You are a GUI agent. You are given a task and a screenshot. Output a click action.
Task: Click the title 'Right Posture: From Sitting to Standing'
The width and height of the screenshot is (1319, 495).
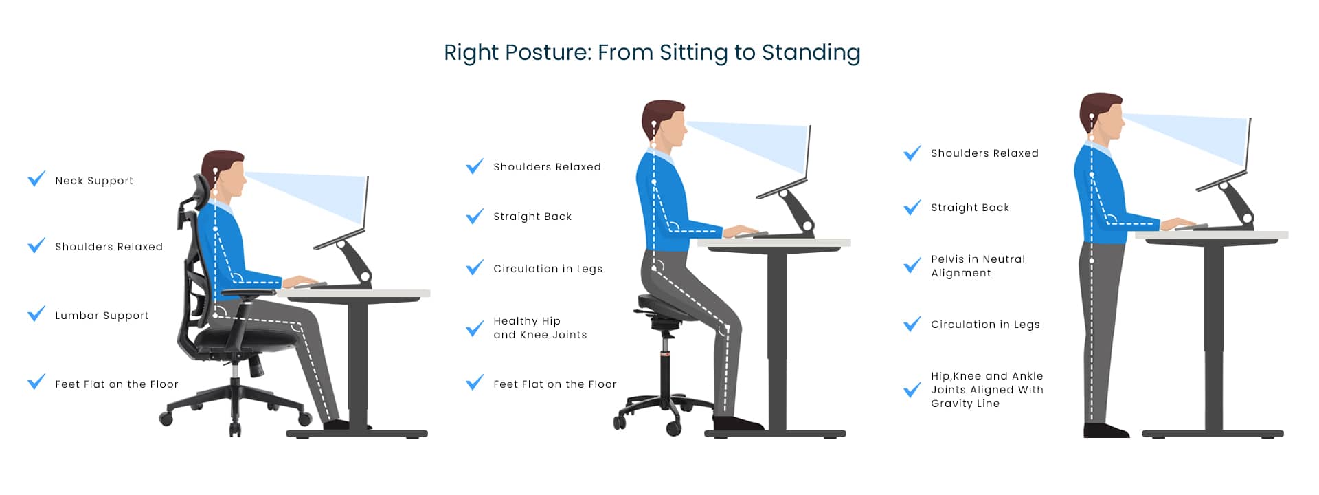click(x=652, y=53)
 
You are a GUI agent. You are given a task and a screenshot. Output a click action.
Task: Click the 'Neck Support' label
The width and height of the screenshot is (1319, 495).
click(x=94, y=181)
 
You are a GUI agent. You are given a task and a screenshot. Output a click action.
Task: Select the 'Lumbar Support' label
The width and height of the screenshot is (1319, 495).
click(x=102, y=316)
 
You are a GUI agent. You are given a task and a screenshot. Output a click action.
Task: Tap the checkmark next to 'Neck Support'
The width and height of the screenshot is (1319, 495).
click(x=36, y=179)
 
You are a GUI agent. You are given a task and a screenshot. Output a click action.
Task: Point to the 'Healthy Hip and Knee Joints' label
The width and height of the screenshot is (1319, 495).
click(x=540, y=328)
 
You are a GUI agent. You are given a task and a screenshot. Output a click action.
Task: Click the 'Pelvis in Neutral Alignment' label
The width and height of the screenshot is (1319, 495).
click(x=978, y=266)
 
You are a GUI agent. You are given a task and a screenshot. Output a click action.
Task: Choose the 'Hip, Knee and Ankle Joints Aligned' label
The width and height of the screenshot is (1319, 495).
click(x=987, y=390)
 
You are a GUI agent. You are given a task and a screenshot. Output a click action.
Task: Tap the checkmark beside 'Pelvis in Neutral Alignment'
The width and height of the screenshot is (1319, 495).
click(x=912, y=265)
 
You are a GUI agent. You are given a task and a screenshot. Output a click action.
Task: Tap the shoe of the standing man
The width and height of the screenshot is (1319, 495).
click(x=1105, y=430)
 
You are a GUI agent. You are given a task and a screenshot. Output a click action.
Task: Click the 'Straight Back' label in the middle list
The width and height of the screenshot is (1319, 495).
click(x=532, y=217)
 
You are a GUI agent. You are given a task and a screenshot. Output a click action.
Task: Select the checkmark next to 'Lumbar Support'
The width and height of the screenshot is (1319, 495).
click(x=36, y=313)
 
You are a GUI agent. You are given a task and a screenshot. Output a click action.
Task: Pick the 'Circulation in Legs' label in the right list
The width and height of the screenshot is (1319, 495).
click(x=985, y=324)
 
